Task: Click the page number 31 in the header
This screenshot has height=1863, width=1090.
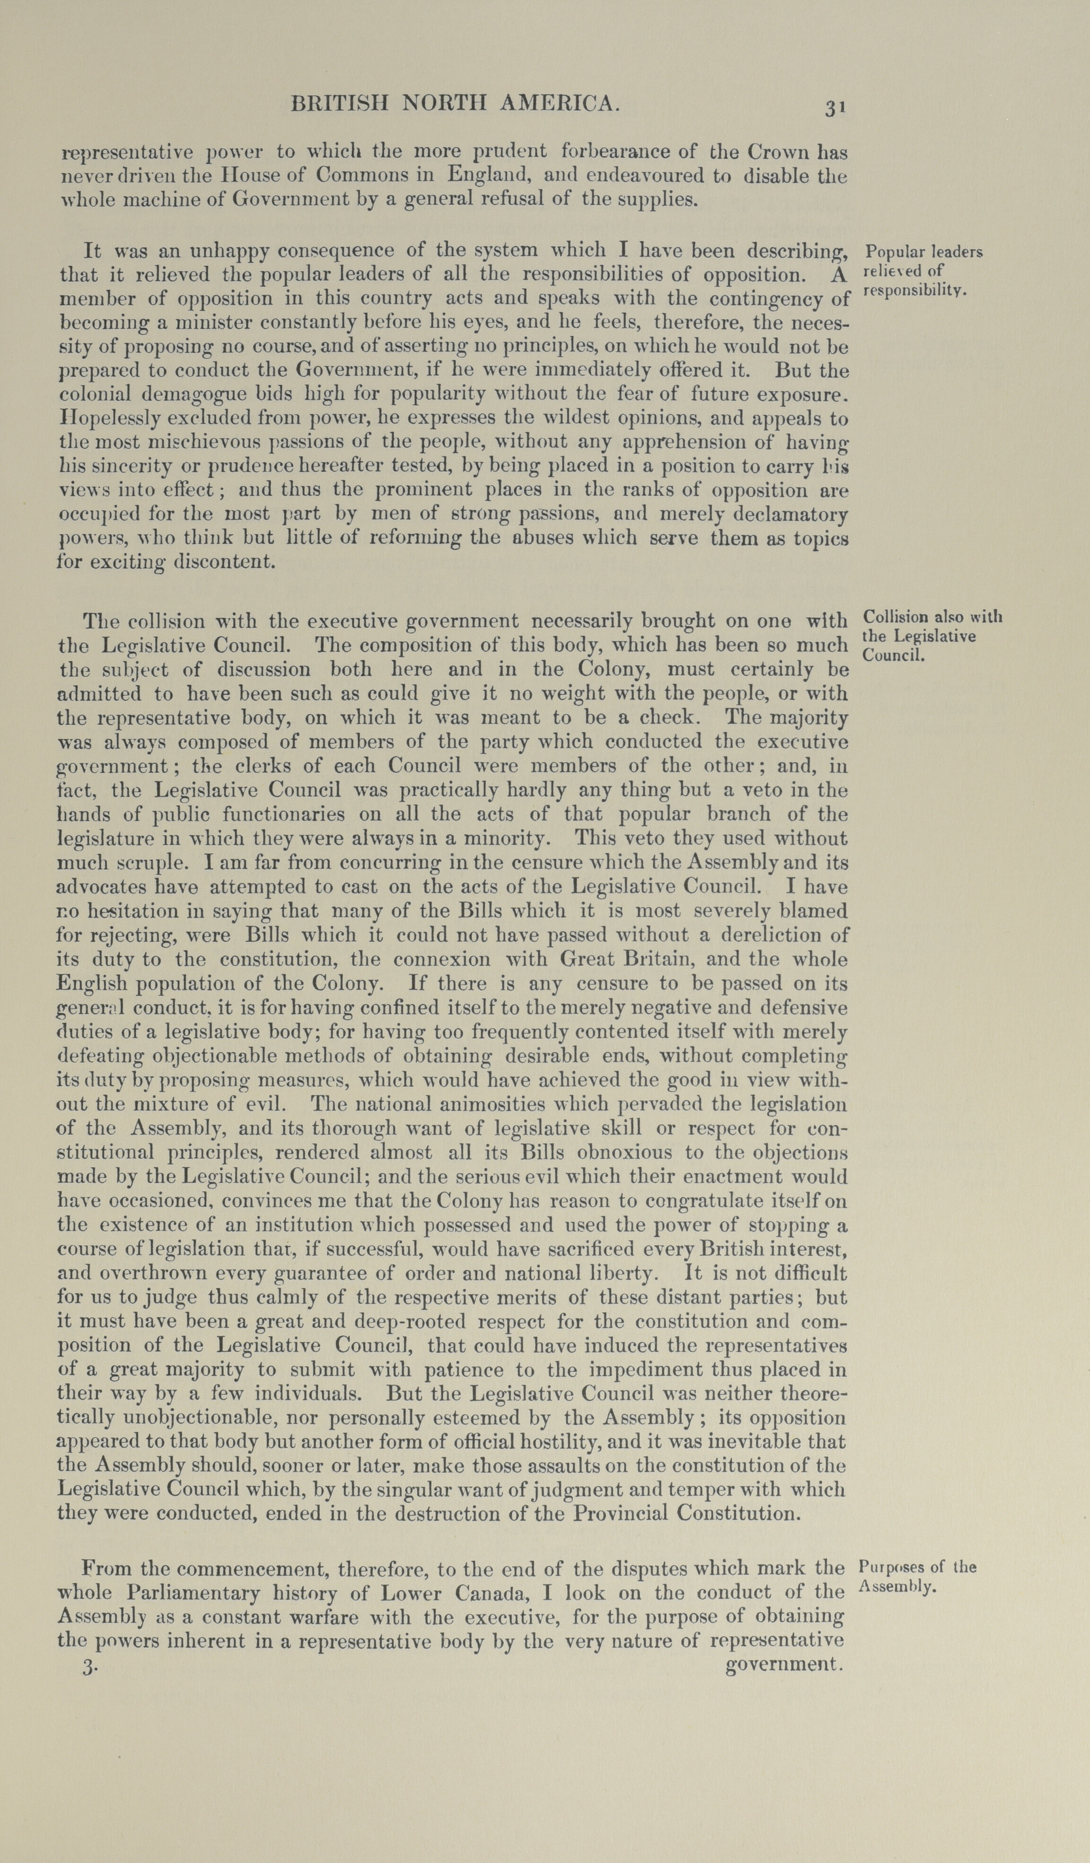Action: [x=835, y=108]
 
